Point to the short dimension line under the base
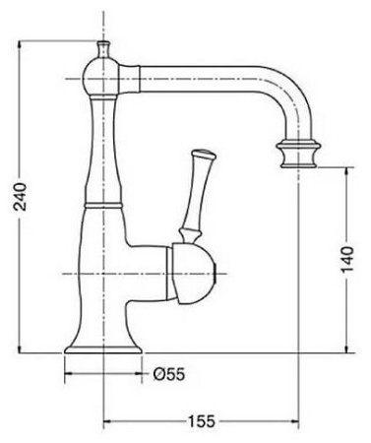tap(98, 374)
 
